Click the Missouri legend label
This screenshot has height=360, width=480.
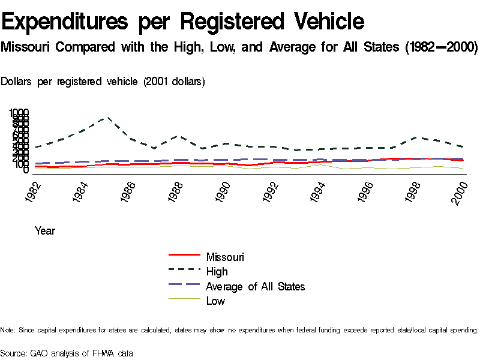coord(225,257)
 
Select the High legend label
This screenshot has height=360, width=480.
coord(217,272)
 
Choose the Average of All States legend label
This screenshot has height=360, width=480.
coord(255,286)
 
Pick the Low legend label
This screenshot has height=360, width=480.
coord(215,301)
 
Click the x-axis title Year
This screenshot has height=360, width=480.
coord(45,230)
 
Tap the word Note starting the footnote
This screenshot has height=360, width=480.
coord(8,330)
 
